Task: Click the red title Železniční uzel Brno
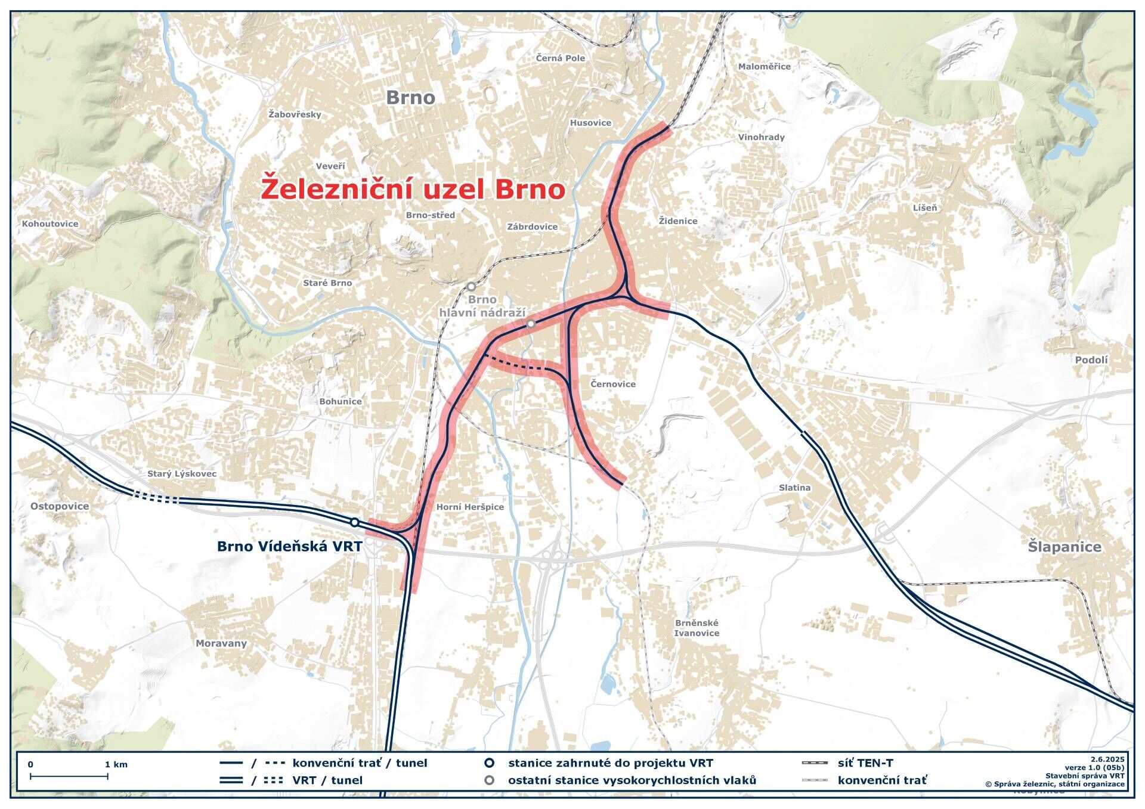coord(413,189)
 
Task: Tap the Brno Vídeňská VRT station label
coord(289,546)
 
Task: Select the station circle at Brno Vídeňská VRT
coord(354,523)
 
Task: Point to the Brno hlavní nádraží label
coord(482,306)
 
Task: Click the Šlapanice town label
coord(1064,547)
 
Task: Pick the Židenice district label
coord(678,221)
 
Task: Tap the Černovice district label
coord(613,384)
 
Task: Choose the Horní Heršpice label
coord(470,507)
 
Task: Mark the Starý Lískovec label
coord(182,474)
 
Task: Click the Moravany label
coord(221,643)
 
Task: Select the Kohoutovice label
coord(50,224)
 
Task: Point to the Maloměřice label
coord(765,67)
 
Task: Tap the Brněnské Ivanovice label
coord(697,628)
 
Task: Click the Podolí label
coord(1091,360)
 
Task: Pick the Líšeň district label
coord(925,207)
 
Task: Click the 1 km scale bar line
coord(69,776)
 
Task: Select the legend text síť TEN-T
coord(865,762)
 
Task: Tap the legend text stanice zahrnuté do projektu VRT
coord(610,762)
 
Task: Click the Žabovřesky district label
coord(295,114)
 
